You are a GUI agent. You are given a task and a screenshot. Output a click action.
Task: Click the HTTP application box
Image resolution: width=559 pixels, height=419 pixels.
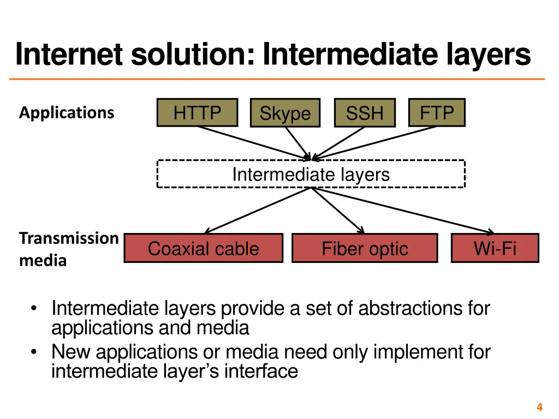tap(197, 113)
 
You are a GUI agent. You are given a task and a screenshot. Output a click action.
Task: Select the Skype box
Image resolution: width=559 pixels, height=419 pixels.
tap(285, 113)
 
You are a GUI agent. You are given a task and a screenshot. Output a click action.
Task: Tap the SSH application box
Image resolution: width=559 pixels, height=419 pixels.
tap(364, 113)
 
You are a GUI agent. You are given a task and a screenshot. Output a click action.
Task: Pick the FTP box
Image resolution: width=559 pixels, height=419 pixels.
tap(437, 113)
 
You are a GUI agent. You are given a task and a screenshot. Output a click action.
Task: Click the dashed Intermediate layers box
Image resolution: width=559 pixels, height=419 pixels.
tap(311, 174)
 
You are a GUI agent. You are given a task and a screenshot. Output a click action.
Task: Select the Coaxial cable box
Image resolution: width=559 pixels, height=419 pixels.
tap(203, 249)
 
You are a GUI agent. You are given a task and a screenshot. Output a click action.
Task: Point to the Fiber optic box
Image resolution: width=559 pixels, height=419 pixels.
tap(365, 249)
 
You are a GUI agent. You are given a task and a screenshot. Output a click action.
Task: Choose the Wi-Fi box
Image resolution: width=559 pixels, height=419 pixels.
tap(495, 248)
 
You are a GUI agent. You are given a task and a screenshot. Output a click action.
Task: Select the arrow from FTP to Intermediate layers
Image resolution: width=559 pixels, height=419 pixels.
tap(377, 142)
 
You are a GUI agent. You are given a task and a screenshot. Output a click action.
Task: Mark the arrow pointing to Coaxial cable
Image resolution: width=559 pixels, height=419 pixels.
tap(257, 211)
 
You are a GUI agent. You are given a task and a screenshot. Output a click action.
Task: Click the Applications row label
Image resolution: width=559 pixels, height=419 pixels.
tap(67, 113)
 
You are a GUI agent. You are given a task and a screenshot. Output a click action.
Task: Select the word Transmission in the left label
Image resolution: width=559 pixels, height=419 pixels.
tap(69, 238)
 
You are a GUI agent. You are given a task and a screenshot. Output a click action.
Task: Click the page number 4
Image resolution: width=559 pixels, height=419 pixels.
tap(539, 407)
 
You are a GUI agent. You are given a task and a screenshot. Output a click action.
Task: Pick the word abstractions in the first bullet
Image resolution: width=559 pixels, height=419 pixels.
tap(411, 309)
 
